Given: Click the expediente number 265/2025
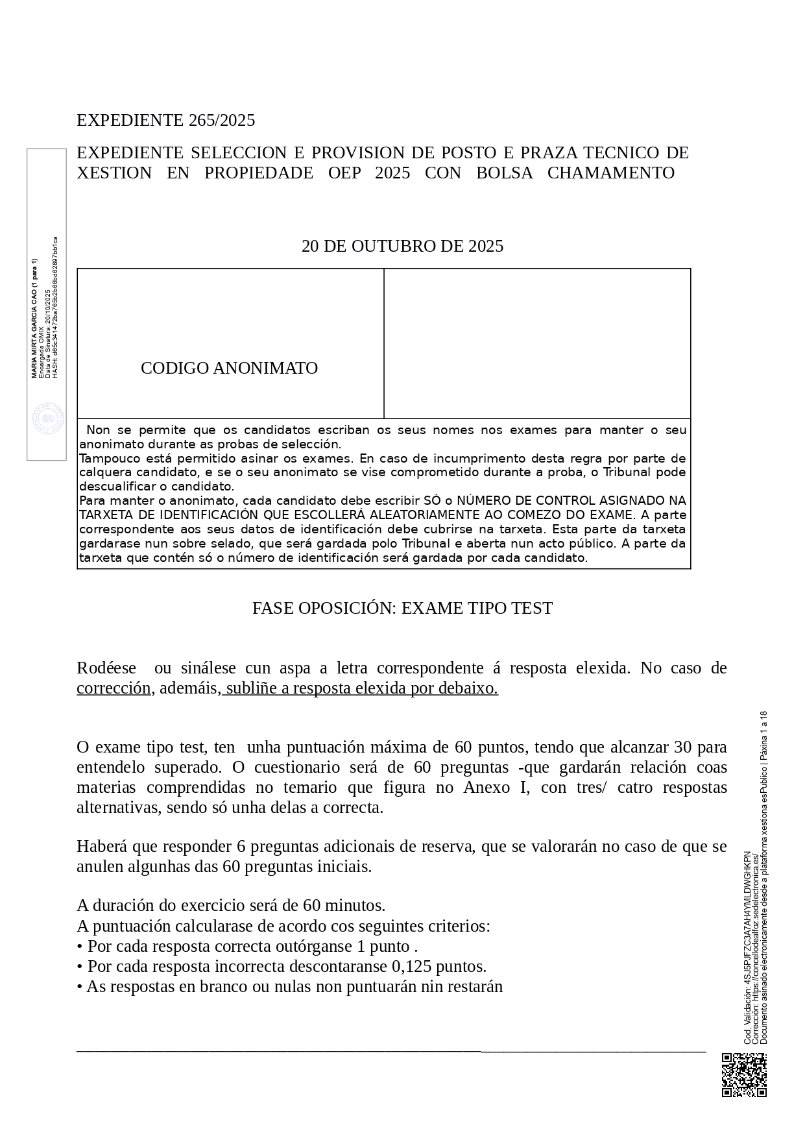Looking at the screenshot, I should [x=222, y=121].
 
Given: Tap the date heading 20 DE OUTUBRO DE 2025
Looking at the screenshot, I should [x=402, y=247].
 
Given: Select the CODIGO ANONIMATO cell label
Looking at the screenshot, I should [x=229, y=369].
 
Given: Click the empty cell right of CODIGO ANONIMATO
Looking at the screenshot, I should [x=537, y=343].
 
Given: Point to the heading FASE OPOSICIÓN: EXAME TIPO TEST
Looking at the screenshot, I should [x=402, y=609].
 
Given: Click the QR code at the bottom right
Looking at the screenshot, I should [x=744, y=1075].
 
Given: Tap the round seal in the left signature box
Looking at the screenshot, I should [x=49, y=418].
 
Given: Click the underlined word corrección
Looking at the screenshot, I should [x=114, y=688].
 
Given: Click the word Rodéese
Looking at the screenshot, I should [x=106, y=668].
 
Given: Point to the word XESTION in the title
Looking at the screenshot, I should [x=114, y=173].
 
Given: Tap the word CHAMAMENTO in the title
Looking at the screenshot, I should [x=611, y=173].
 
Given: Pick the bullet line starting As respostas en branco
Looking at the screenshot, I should [x=290, y=987].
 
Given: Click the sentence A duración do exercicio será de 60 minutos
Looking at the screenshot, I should [x=231, y=905].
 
